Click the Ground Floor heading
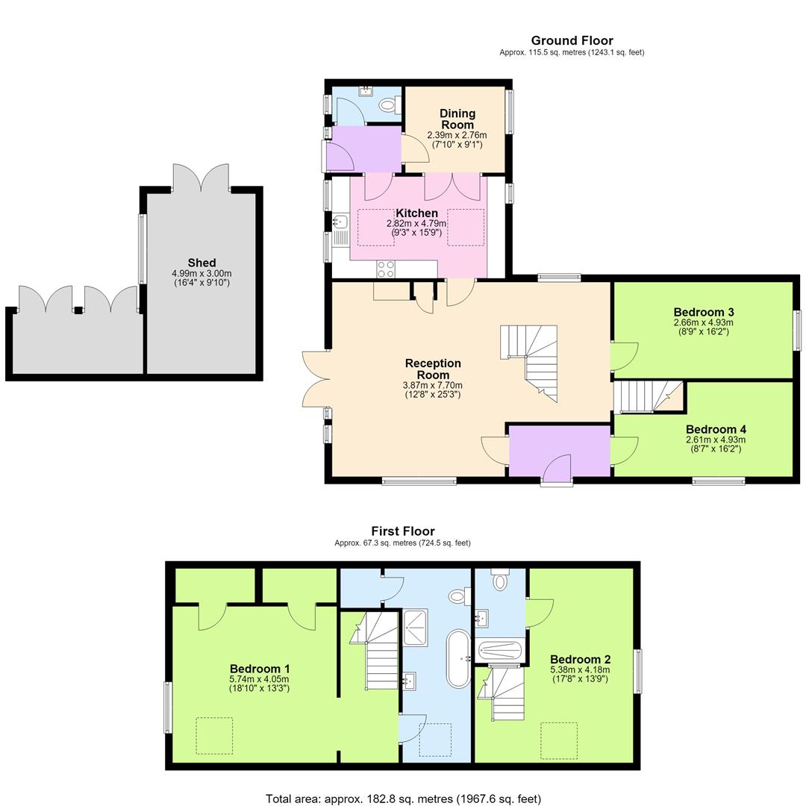pyautogui.click(x=572, y=40)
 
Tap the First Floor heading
pyautogui.click(x=403, y=531)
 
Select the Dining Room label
pyautogui.click(x=457, y=119)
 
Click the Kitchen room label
pyautogui.click(x=416, y=213)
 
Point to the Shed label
pyautogui.click(x=201, y=263)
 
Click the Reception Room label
pyautogui.click(x=433, y=369)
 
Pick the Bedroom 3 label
pyautogui.click(x=704, y=312)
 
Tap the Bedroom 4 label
pyautogui.click(x=716, y=429)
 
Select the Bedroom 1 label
pyautogui.click(x=260, y=669)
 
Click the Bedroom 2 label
pyautogui.click(x=581, y=660)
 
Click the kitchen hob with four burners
pyautogui.click(x=386, y=269)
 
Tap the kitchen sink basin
pyautogui.click(x=340, y=222)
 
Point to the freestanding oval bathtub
pyautogui.click(x=458, y=658)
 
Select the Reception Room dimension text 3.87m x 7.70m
pyautogui.click(x=432, y=385)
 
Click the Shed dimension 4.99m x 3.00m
pyautogui.click(x=201, y=273)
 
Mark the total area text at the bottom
pyautogui.click(x=404, y=799)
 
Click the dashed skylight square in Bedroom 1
pyautogui.click(x=214, y=736)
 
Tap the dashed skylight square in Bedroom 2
pyautogui.click(x=559, y=741)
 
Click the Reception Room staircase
pyautogui.click(x=529, y=363)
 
